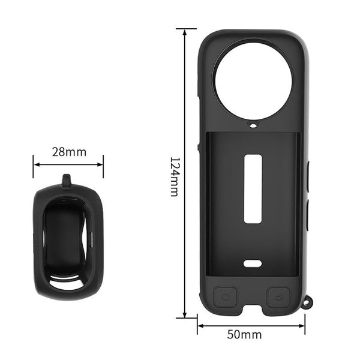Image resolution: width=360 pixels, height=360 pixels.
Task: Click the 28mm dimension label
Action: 68,152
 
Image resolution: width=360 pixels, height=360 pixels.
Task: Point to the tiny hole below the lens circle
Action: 253,127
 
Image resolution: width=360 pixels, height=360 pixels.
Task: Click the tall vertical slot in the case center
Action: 253,188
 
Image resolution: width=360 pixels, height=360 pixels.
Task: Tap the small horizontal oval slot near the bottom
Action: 253,263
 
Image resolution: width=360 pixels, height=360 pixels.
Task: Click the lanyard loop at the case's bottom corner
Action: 308,304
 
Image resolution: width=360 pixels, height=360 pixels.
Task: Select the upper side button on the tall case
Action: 307,177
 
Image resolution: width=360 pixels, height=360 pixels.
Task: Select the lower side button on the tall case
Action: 307,216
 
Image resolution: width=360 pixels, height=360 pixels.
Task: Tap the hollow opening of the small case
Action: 67,240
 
